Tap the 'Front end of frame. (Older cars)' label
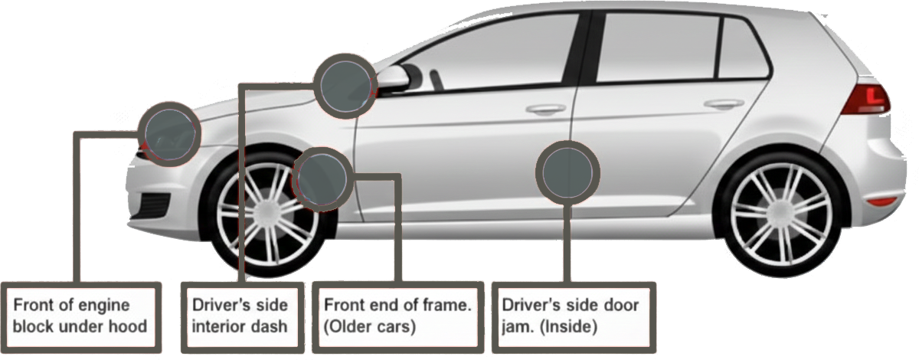pos(397,316)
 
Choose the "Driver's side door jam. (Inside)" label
pos(571,316)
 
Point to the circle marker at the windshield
pos(345,85)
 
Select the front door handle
pos(546,110)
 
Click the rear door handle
pos(724,103)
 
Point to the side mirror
pos(394,76)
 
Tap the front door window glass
pos(498,54)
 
